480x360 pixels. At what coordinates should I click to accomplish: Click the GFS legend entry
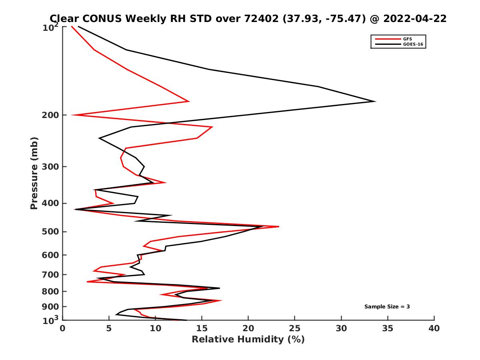pos(408,39)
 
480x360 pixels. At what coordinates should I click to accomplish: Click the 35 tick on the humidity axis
pos(388,329)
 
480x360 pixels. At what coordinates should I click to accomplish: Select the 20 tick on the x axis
pos(248,329)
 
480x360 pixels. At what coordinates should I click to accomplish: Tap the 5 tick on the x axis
pos(109,329)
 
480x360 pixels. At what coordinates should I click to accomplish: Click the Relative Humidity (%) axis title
pos(248,340)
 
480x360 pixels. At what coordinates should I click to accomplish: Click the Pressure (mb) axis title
pos(34,173)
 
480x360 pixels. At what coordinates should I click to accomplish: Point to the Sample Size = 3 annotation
pos(387,307)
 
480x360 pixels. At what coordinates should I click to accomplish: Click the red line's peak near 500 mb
pos(278,227)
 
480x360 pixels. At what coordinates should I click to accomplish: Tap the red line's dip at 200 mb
pos(72,115)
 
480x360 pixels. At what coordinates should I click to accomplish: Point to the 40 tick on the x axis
pos(434,329)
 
